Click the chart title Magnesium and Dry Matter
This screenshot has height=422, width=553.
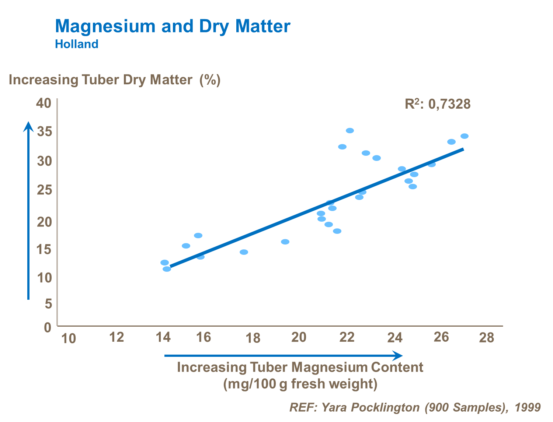(x=173, y=27)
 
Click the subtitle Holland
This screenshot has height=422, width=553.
(x=77, y=44)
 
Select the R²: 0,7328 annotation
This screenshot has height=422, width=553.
(x=438, y=105)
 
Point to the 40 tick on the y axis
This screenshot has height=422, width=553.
(x=44, y=103)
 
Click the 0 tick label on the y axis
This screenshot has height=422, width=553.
(x=48, y=327)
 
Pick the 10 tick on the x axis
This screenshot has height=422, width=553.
(x=68, y=338)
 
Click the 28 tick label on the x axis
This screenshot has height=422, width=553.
(x=486, y=337)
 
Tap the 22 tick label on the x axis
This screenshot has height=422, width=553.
(x=347, y=337)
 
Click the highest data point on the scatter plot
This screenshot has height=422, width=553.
(x=350, y=131)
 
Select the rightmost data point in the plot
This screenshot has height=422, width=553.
(x=465, y=136)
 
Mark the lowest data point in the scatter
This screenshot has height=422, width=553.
(x=167, y=269)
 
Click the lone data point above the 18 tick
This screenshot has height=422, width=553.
(x=244, y=252)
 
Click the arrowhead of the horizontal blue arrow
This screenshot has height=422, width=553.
(x=398, y=356)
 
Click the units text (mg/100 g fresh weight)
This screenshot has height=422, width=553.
(x=300, y=384)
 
